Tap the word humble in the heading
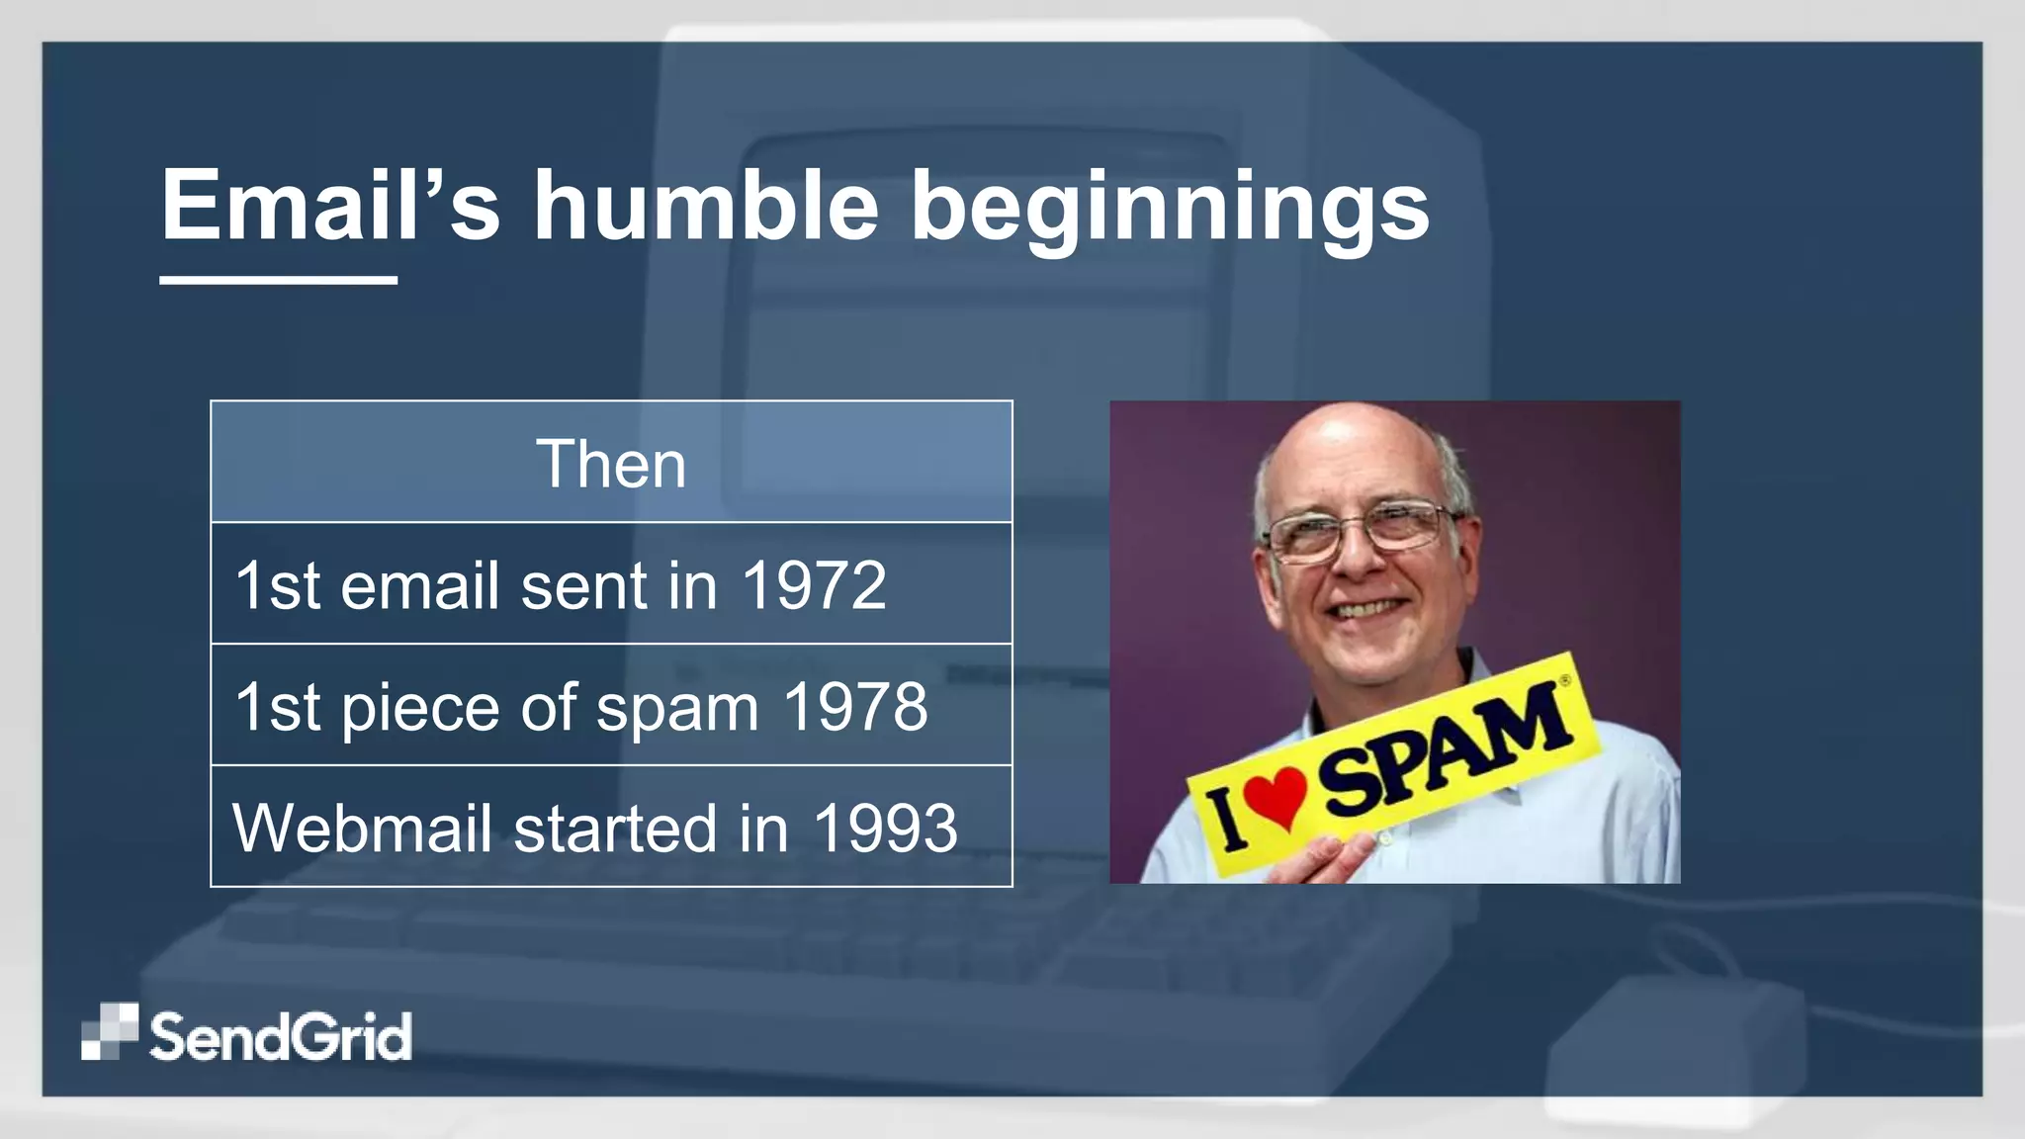(x=706, y=206)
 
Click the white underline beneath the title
(x=278, y=281)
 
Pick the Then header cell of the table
(x=611, y=463)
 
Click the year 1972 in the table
(x=813, y=585)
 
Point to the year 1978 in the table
(x=854, y=707)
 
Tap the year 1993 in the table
(x=885, y=829)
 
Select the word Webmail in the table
(x=362, y=829)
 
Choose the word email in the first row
(x=419, y=585)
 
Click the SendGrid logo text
(x=281, y=1037)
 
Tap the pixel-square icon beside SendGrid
(x=109, y=1031)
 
